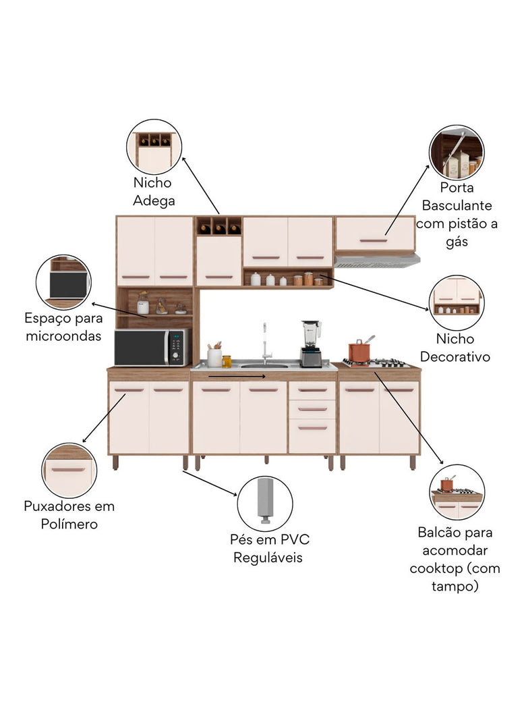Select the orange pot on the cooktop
pyautogui.click(x=360, y=352)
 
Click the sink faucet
pyautogui.click(x=265, y=342)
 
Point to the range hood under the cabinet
pyautogui.click(x=376, y=261)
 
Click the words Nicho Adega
pyautogui.click(x=153, y=192)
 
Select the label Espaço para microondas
pyautogui.click(x=64, y=326)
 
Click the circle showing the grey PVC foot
pyautogui.click(x=265, y=504)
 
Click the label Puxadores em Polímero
pyautogui.click(x=69, y=514)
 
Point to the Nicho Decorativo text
pyautogui.click(x=463, y=348)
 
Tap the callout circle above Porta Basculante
pyautogui.click(x=457, y=153)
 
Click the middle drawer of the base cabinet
pyautogui.click(x=312, y=409)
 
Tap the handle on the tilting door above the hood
pyautogui.click(x=373, y=240)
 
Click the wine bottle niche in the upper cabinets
pyautogui.click(x=218, y=226)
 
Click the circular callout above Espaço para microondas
pyautogui.click(x=64, y=282)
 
